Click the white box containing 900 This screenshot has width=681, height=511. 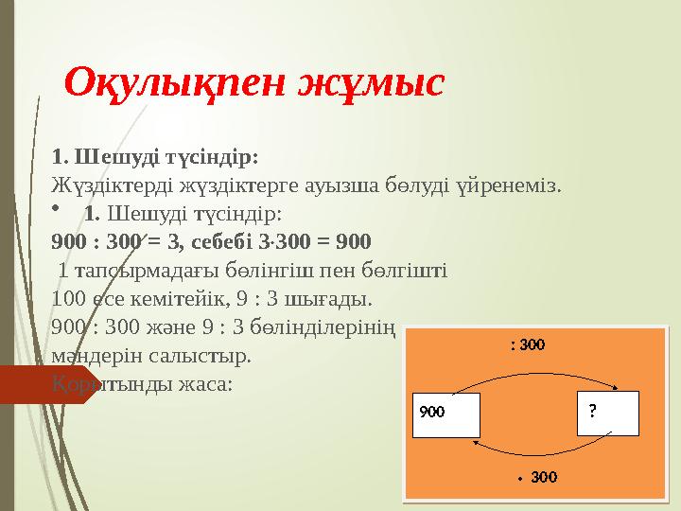click(x=446, y=413)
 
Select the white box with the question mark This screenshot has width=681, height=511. click(x=607, y=413)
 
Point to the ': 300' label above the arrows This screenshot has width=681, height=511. click(x=527, y=345)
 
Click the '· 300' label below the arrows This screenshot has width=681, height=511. click(x=536, y=476)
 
